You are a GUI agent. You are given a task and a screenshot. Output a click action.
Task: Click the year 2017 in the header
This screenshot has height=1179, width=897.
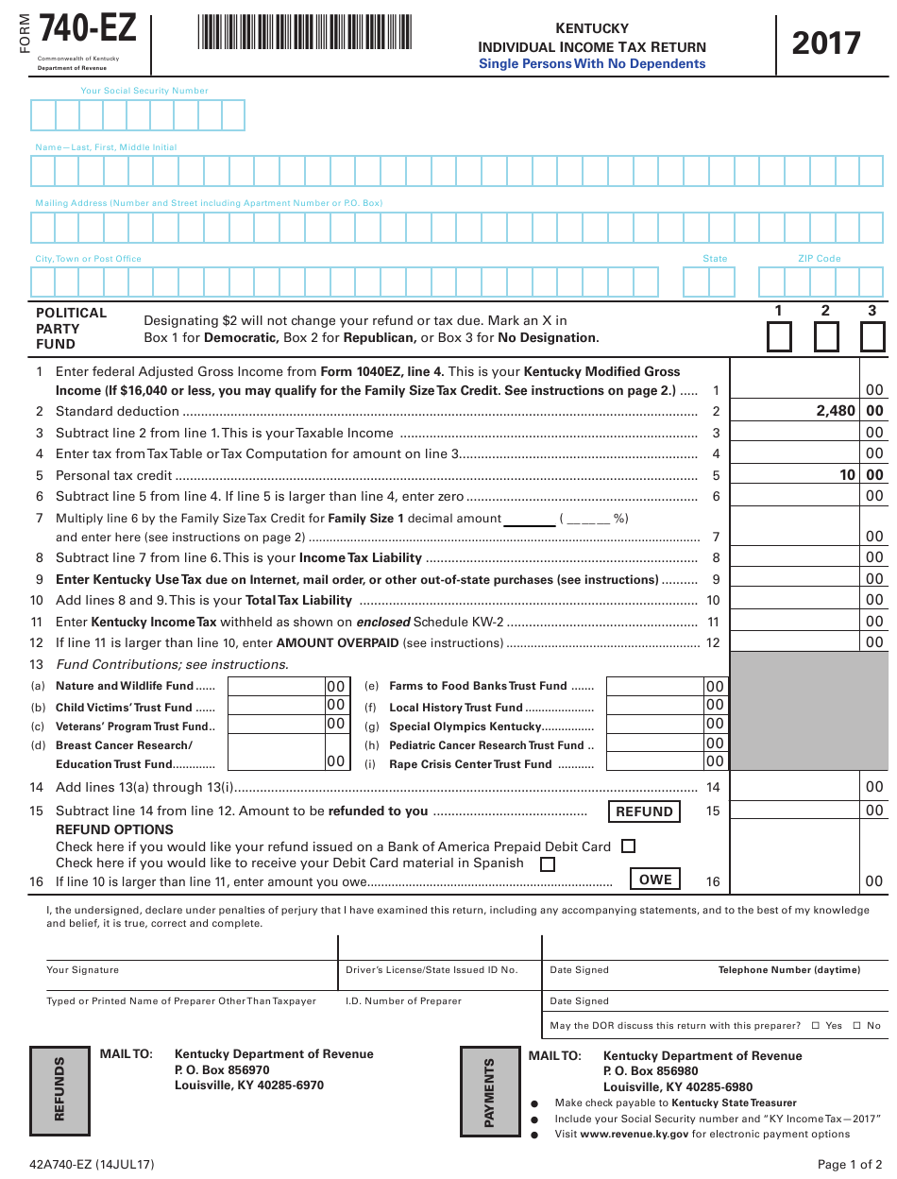click(x=826, y=43)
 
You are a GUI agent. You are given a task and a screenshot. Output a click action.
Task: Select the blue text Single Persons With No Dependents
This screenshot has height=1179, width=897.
click(x=592, y=64)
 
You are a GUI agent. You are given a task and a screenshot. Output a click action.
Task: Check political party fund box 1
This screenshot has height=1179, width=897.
click(x=779, y=337)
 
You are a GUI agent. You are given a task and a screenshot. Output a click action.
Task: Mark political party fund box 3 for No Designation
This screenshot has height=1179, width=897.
click(x=872, y=337)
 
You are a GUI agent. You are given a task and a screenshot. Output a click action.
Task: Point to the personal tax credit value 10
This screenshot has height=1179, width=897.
click(x=847, y=475)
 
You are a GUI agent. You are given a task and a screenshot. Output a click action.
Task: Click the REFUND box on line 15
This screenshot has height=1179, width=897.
click(x=644, y=812)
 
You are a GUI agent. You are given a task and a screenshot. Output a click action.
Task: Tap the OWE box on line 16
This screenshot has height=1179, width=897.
click(x=654, y=880)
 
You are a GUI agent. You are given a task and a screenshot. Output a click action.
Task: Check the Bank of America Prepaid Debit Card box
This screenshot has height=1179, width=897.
click(x=629, y=846)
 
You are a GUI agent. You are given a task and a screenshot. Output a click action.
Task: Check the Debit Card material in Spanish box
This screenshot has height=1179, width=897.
click(x=548, y=863)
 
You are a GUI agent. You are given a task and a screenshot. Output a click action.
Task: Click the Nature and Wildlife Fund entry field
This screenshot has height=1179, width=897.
click(x=276, y=686)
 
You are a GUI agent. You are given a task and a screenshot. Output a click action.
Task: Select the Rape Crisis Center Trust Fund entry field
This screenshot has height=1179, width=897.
click(x=654, y=762)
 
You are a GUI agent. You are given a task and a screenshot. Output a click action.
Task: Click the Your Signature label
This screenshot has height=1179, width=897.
click(x=83, y=970)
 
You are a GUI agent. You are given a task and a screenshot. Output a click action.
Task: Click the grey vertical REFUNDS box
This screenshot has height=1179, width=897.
click(x=59, y=1089)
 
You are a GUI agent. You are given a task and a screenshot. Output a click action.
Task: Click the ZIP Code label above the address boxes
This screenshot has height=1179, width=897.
click(x=819, y=259)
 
